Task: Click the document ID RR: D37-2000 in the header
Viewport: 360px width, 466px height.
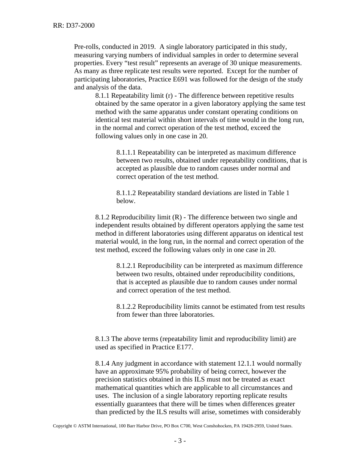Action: tap(74, 26)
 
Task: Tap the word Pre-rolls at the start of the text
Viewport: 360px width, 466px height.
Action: tap(86, 47)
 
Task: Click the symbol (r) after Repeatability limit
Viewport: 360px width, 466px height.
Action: tap(169, 95)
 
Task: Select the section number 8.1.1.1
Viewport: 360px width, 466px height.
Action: tap(126, 152)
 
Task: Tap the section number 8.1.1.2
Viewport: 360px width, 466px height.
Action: tap(126, 193)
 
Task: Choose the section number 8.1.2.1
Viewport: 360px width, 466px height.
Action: tap(126, 266)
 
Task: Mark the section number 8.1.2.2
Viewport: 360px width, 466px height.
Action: tap(126, 306)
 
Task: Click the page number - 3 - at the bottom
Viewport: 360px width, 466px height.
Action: tap(180, 441)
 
